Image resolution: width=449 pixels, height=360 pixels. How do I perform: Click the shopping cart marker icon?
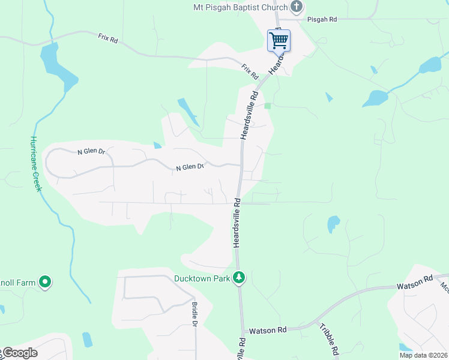point(279,41)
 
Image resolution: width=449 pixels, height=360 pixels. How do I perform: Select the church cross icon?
point(296,7)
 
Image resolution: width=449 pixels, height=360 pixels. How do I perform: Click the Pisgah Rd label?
point(322,20)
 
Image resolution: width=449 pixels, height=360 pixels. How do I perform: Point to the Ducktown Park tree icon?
point(240,278)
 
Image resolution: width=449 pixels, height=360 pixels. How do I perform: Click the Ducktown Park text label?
point(202,278)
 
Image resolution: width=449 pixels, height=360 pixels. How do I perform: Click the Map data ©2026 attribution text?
point(423,355)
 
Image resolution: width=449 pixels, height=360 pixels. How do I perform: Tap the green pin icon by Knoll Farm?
point(44,281)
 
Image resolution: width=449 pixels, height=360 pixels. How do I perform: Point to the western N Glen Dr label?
point(91,152)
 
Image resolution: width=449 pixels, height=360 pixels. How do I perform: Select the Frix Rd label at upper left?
point(109,37)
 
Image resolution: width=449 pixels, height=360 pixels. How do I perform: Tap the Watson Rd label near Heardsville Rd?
point(268,330)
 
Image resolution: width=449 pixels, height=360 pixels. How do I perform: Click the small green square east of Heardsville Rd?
point(267,106)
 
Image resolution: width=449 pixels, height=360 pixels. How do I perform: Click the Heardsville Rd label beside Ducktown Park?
point(237,222)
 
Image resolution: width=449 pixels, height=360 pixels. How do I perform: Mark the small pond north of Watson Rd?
point(333,224)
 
